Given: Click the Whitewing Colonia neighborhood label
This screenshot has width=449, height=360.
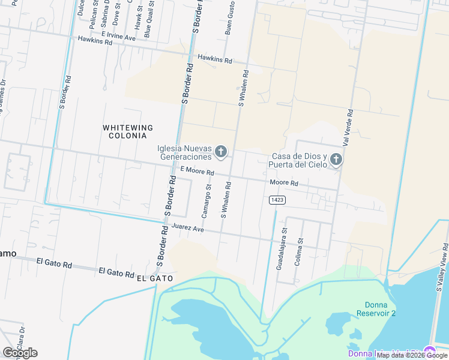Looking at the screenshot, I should coord(127,131).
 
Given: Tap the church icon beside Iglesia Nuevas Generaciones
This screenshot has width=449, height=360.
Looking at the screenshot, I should coord(220,152).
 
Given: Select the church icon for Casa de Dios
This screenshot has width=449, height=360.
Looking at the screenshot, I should coord(336,160).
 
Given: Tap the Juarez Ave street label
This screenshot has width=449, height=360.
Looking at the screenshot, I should coord(188,229).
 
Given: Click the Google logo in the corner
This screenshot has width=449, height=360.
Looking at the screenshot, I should coord(20,353).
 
